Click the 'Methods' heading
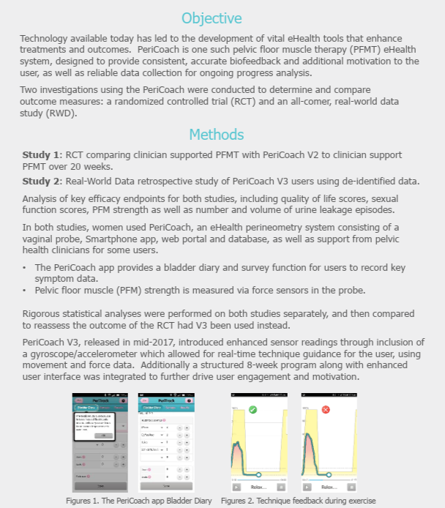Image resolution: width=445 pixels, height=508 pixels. (217, 134)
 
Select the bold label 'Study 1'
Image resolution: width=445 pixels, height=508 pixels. (42, 155)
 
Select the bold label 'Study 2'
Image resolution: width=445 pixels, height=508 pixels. (42, 181)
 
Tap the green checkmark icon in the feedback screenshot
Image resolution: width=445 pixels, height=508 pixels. (253, 409)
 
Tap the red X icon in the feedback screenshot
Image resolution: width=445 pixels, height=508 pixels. (326, 409)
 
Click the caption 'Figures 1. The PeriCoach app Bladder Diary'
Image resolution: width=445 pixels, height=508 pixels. (139, 501)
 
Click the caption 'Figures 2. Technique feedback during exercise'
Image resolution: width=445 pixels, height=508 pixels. (299, 501)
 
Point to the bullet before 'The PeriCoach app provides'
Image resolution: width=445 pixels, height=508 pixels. (24, 268)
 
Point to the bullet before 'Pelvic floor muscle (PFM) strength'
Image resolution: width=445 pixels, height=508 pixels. (24, 291)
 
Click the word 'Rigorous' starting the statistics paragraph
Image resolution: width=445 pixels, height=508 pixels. (43, 315)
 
